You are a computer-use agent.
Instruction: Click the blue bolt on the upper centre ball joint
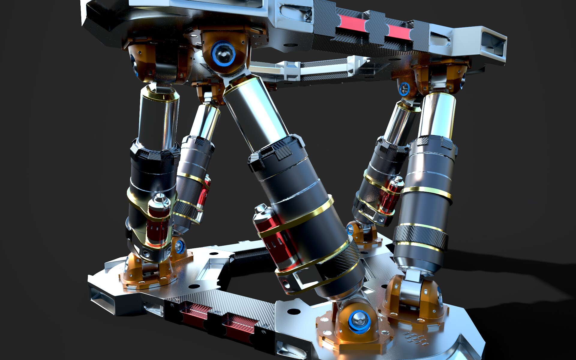223,53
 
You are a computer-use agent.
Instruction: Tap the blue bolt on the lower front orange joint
359,320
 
